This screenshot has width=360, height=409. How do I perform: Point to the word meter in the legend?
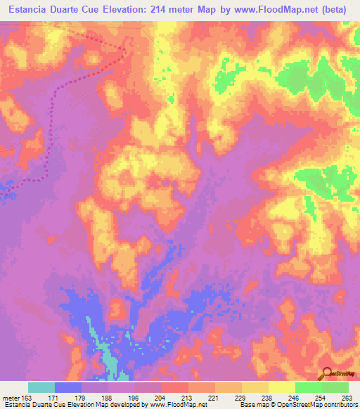[x=11, y=398]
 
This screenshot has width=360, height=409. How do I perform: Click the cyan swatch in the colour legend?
[x=41, y=387]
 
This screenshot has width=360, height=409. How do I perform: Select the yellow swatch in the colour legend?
[x=281, y=387]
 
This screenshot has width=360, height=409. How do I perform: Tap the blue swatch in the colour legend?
[x=68, y=387]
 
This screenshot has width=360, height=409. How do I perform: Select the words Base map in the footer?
[x=252, y=405]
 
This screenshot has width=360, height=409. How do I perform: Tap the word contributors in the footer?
[x=341, y=405]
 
